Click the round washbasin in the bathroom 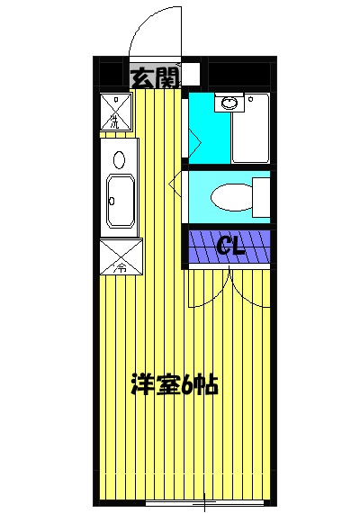[x=229, y=103]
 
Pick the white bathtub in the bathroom [x=251, y=128]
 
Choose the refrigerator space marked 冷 [x=120, y=257]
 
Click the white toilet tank [x=262, y=197]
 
